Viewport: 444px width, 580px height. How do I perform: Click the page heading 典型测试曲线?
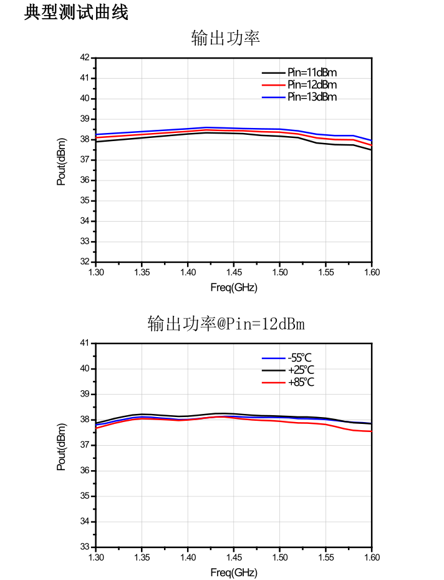pyautogui.click(x=77, y=12)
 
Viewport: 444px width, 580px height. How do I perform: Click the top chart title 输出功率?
pyautogui.click(x=226, y=37)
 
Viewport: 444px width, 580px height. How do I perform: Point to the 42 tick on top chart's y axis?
pyautogui.click(x=85, y=57)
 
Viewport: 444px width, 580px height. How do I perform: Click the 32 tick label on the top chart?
pyautogui.click(x=85, y=262)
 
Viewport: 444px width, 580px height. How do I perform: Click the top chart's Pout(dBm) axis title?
pyautogui.click(x=61, y=162)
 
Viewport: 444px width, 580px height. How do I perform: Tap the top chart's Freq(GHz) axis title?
pyautogui.click(x=233, y=287)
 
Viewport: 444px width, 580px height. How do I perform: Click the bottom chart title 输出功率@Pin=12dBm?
pyautogui.click(x=226, y=323)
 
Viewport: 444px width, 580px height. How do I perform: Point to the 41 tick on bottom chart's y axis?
pyautogui.click(x=85, y=343)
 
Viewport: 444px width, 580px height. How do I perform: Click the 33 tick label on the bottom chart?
pyautogui.click(x=85, y=546)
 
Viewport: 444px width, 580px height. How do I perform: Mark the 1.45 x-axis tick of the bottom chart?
pyautogui.click(x=234, y=557)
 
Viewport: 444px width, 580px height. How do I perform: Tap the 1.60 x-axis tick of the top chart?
pyautogui.click(x=372, y=272)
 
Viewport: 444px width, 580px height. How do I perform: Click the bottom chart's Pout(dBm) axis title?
pyautogui.click(x=61, y=447)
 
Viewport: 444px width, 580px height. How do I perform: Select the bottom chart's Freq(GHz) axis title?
pyautogui.click(x=233, y=573)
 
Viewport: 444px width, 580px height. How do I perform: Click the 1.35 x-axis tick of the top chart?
pyautogui.click(x=142, y=272)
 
